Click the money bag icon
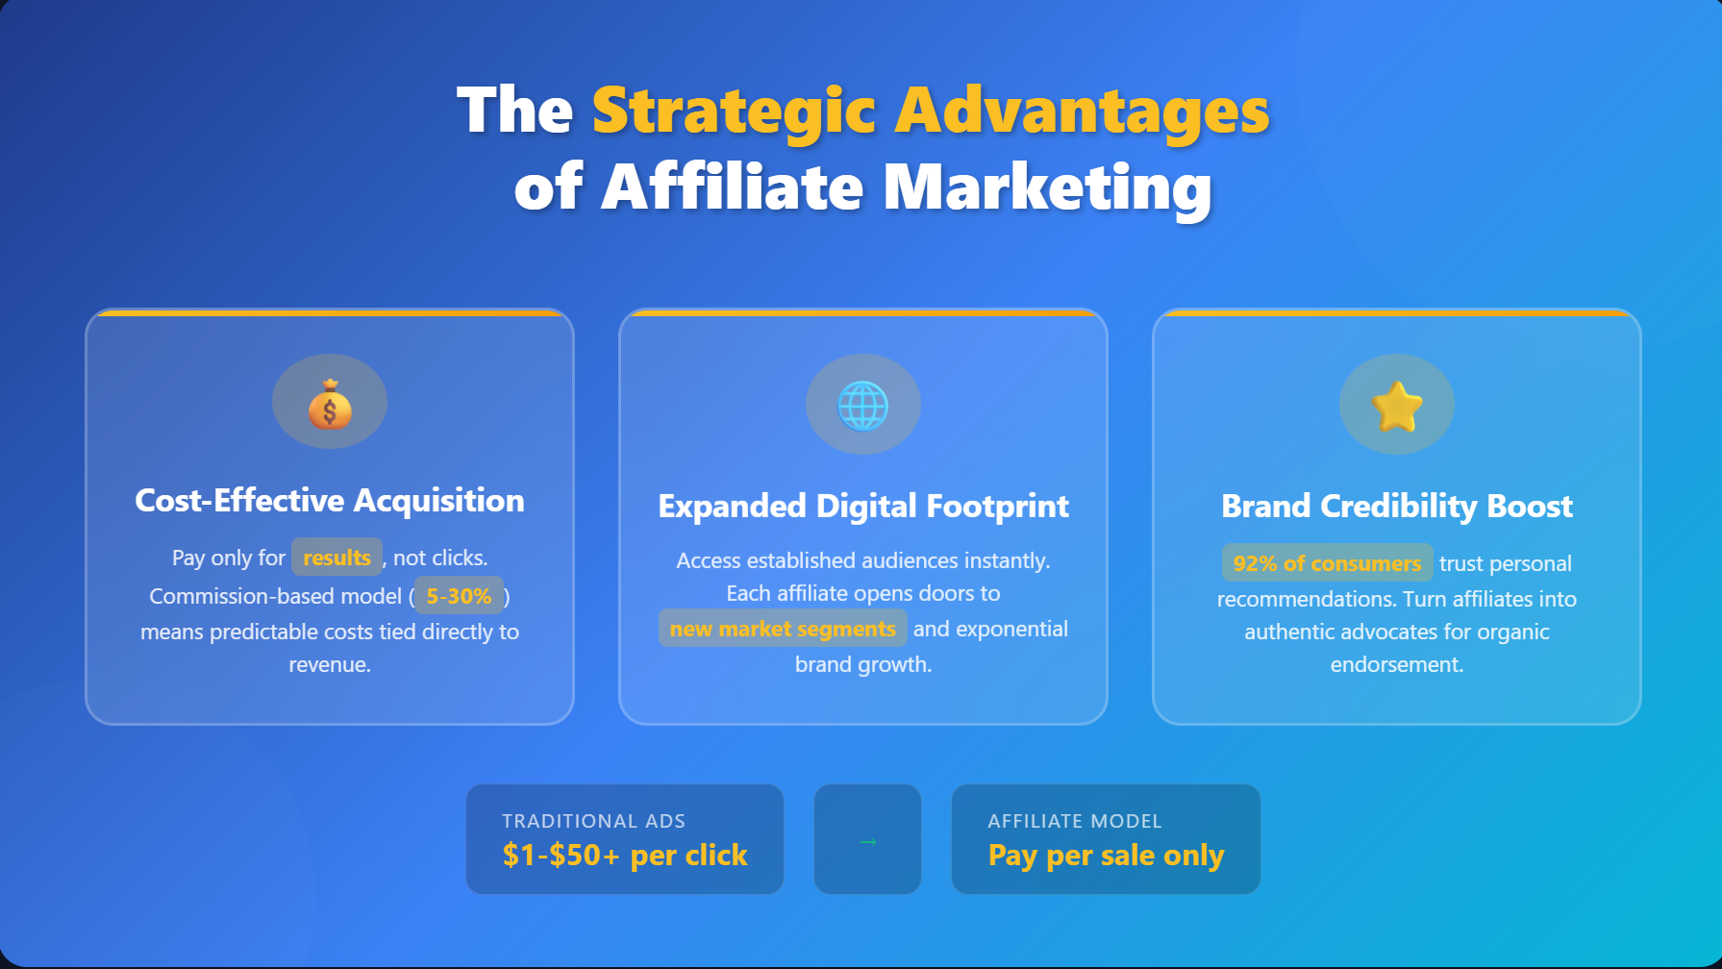coord(330,403)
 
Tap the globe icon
coord(863,406)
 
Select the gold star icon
coord(1397,406)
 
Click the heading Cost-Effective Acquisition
coord(330,500)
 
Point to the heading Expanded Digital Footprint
coord(863,506)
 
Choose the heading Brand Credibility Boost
coord(1397,506)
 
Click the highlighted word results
coord(337,558)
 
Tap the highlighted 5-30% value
coord(459,596)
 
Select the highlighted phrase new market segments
coord(783,629)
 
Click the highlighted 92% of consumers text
coord(1327,563)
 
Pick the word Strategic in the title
coord(733,111)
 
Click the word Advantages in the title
coord(1082,111)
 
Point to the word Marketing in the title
coord(1047,186)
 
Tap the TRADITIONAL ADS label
coord(593,821)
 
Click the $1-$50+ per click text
coord(625,855)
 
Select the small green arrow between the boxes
coord(867,842)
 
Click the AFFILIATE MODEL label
coord(1075,821)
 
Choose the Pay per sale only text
coord(1106,855)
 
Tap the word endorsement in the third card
coord(1394,664)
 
